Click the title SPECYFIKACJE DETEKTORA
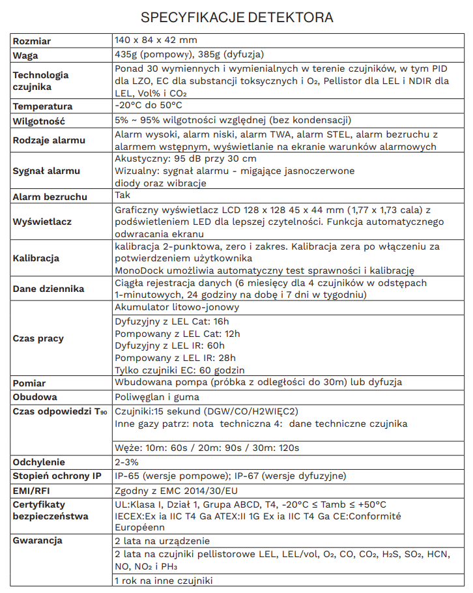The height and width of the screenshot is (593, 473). pyautogui.click(x=236, y=17)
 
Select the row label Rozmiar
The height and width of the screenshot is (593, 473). pyautogui.click(x=32, y=41)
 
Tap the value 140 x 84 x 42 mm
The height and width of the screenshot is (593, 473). pyautogui.click(x=155, y=40)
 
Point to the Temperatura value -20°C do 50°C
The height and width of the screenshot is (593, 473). pyautogui.click(x=148, y=105)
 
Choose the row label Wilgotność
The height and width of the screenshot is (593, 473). pyautogui.click(x=39, y=121)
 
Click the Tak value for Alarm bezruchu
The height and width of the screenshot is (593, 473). pyautogui.click(x=122, y=195)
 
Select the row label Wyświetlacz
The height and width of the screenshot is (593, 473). pyautogui.click(x=42, y=222)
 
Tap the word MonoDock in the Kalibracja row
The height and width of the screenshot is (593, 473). pyautogui.click(x=137, y=270)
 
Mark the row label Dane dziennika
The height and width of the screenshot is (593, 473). pyautogui.click(x=48, y=289)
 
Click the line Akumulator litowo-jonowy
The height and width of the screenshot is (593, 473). pyautogui.click(x=177, y=307)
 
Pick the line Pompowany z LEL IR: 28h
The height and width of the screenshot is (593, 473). pyautogui.click(x=175, y=358)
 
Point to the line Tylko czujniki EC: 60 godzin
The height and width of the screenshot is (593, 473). pyautogui.click(x=180, y=369)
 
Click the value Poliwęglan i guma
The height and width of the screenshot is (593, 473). pyautogui.click(x=156, y=397)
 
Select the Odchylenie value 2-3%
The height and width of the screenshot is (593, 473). pyautogui.click(x=126, y=461)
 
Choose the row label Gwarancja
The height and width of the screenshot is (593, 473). pyautogui.click(x=37, y=540)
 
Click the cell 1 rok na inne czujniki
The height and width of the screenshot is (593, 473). pyautogui.click(x=163, y=581)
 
